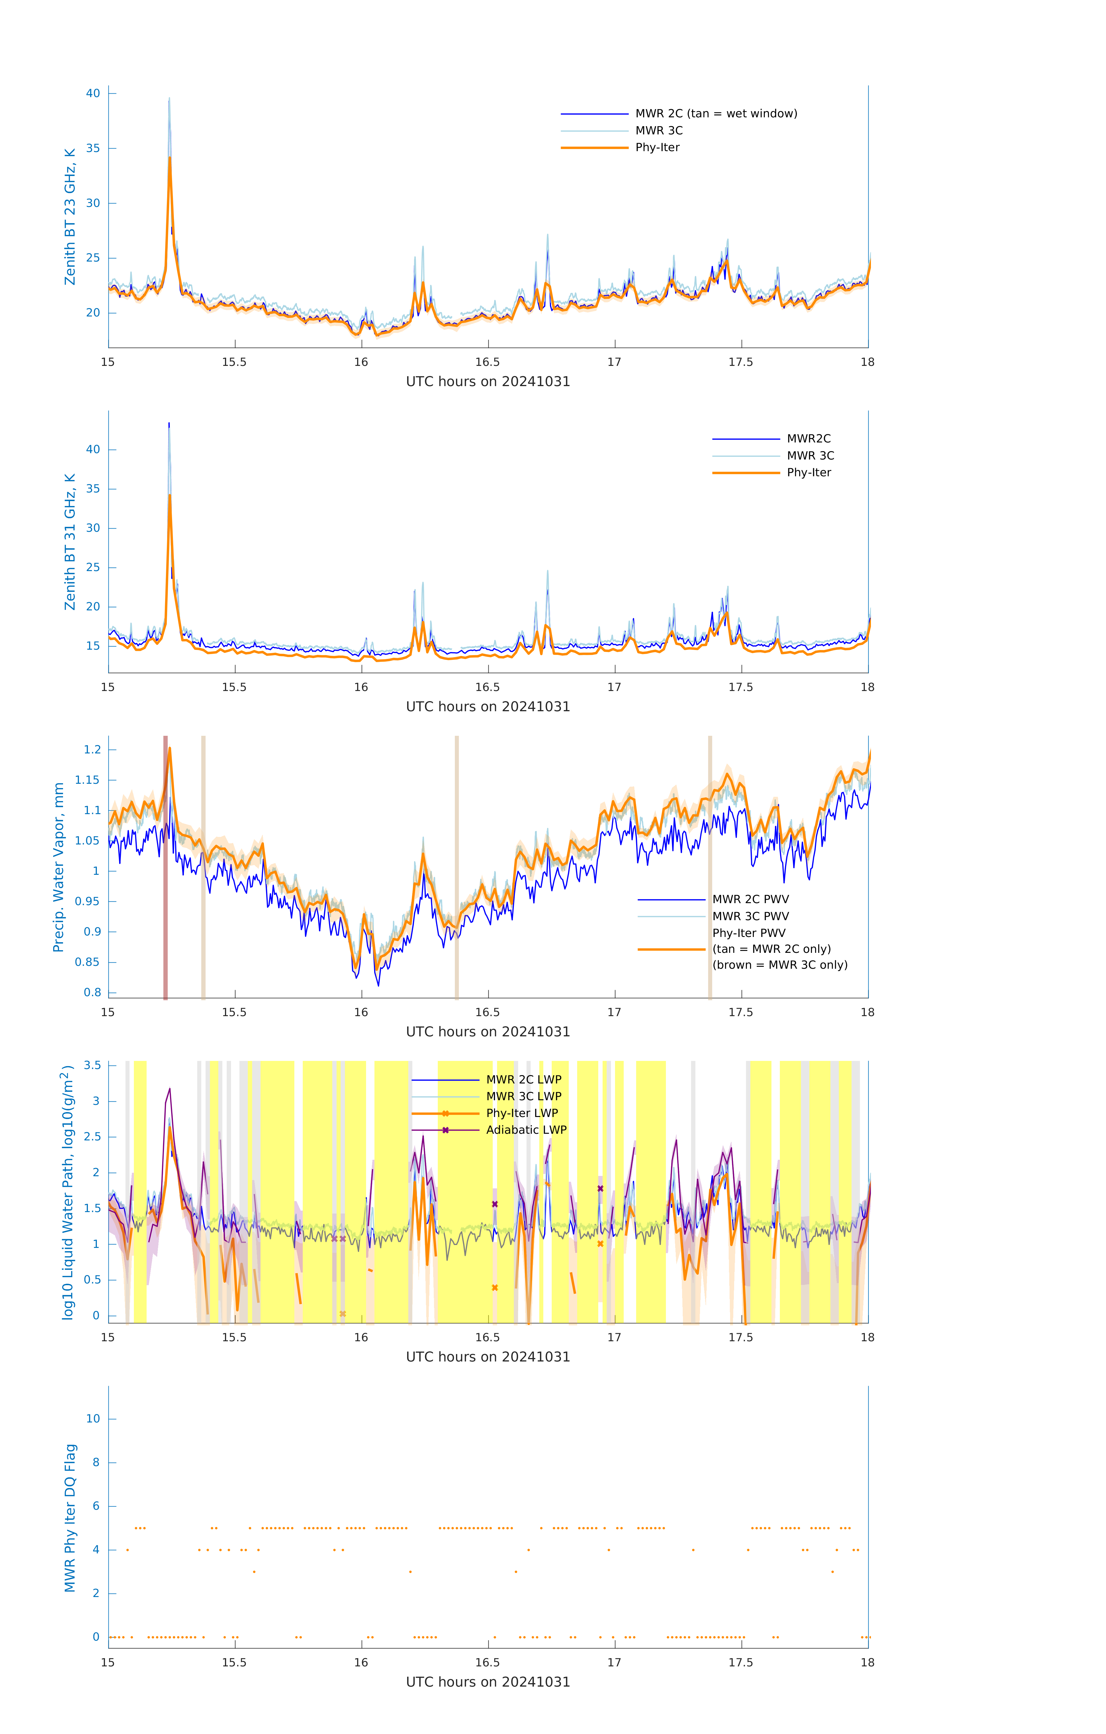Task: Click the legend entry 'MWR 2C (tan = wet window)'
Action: (715, 114)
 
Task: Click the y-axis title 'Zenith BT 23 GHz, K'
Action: (70, 217)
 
